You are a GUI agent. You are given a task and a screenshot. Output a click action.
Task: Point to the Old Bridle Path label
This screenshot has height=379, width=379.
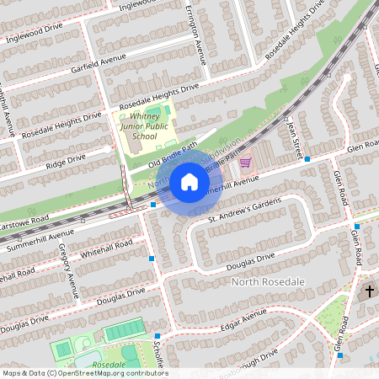[x=173, y=152]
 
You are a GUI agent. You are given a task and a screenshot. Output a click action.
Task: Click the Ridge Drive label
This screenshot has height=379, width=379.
[x=65, y=157]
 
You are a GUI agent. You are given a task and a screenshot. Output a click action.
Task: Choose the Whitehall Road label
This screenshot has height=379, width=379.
[x=106, y=248]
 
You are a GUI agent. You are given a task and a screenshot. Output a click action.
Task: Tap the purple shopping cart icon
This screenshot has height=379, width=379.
[x=245, y=162]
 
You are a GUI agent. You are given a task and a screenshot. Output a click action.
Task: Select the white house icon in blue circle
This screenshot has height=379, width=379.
[x=189, y=182]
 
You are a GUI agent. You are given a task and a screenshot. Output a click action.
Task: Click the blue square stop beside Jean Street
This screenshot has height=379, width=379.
[x=307, y=159]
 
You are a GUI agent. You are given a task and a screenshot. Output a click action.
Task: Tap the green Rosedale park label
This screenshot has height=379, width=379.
[x=109, y=365]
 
